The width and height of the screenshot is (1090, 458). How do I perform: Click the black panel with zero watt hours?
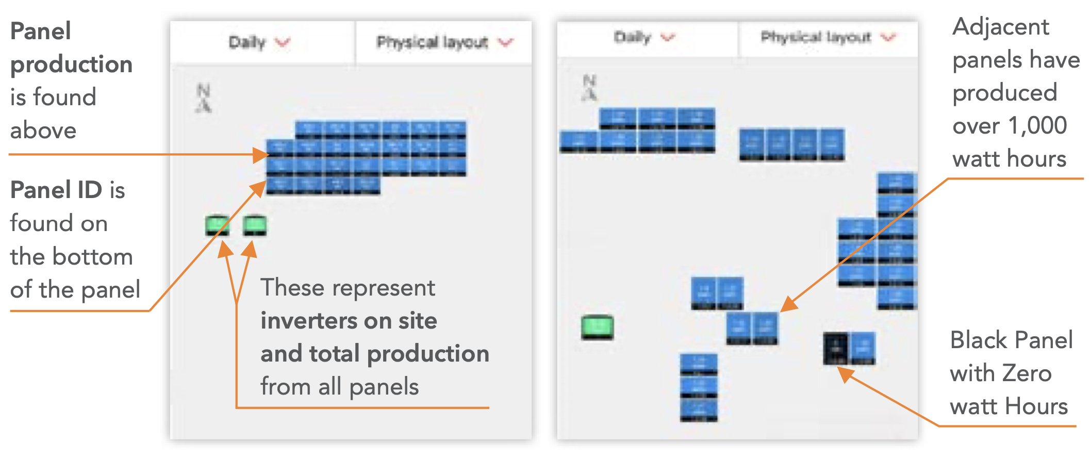835,349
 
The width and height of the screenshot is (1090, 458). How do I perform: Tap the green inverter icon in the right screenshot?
597,327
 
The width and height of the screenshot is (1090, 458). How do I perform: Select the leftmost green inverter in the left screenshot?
217,225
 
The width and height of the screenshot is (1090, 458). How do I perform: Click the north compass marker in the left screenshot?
204,98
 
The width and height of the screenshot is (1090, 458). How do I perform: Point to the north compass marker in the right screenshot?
589,88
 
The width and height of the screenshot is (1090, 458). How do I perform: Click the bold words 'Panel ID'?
56,190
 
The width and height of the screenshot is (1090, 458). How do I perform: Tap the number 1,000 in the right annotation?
1037,125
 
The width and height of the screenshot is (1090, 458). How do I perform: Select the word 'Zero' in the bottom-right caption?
1026,373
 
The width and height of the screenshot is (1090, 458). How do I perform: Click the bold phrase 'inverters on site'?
349,320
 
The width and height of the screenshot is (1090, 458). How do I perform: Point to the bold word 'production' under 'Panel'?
72,64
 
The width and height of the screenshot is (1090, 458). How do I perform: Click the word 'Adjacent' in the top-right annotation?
1000,27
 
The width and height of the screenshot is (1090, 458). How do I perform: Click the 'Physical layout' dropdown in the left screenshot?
444,42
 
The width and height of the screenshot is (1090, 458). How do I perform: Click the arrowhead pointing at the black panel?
844,372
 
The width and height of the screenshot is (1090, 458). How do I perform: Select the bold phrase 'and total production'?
374,354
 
